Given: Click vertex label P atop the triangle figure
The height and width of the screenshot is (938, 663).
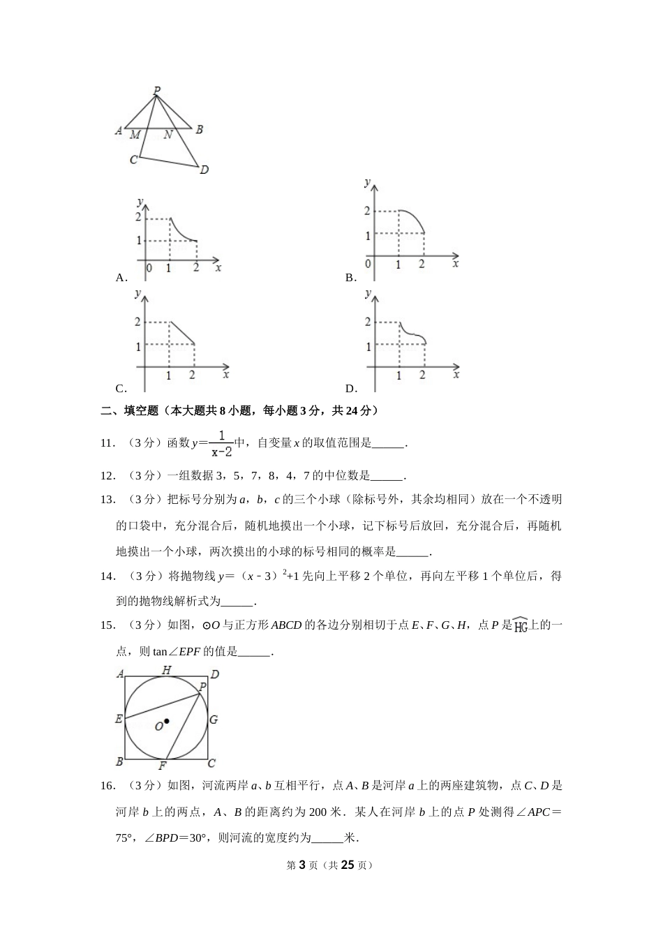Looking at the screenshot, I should (157, 90).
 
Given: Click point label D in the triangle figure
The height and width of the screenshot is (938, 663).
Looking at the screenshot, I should (204, 170).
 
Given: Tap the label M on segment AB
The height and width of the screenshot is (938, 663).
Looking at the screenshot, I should (135, 135).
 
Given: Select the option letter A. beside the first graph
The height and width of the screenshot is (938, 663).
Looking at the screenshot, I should (121, 278).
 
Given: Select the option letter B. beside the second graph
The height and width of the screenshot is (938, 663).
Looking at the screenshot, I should (351, 278).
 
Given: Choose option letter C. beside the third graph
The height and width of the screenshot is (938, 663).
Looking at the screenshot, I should (121, 389).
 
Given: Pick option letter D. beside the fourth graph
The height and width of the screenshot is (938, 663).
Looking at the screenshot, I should (351, 389).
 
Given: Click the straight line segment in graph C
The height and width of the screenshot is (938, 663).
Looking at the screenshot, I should (181, 333).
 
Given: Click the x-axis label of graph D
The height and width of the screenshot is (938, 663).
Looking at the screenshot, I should (456, 375).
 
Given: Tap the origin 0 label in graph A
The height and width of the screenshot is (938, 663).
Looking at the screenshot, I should (148, 267).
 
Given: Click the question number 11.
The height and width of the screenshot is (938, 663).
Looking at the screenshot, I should (107, 442).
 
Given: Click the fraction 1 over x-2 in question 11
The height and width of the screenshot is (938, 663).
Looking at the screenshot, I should (221, 443).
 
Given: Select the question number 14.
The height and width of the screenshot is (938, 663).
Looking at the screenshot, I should (107, 576).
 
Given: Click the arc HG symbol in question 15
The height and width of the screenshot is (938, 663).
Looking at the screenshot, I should (521, 625).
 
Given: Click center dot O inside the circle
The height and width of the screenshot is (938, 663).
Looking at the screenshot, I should (166, 721).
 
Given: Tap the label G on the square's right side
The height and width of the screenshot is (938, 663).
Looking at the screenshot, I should (214, 720).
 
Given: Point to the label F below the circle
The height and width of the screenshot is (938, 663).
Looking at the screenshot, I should (162, 766).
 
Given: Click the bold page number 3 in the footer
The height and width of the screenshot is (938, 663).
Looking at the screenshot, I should (302, 865).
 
